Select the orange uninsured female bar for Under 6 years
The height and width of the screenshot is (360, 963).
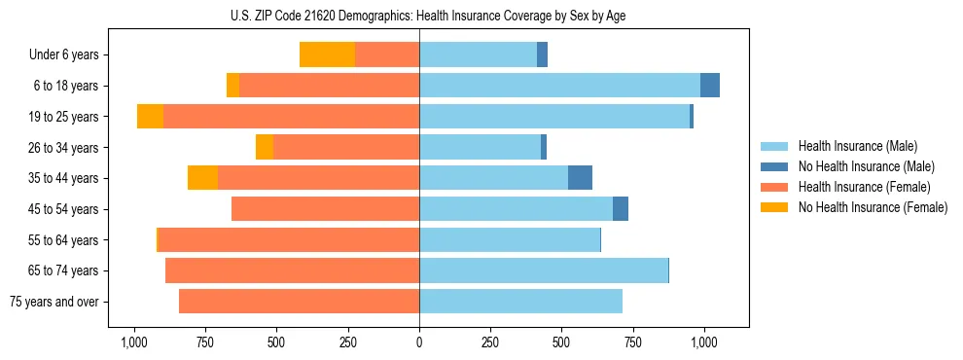[x=327, y=54]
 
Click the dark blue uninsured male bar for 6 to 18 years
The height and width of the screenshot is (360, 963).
[x=710, y=86]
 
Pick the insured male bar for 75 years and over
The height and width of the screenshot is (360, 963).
[x=520, y=302]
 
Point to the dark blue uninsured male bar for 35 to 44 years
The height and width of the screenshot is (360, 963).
[x=580, y=178]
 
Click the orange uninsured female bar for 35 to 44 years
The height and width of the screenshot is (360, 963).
[x=202, y=178]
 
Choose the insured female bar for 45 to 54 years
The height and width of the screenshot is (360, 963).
[x=325, y=209]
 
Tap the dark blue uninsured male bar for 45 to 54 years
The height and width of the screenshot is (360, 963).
[x=621, y=209]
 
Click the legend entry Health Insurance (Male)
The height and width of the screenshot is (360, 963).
[x=857, y=146]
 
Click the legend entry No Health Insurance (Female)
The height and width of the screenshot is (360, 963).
[x=873, y=207]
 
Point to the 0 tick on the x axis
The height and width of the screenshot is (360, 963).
[x=419, y=342]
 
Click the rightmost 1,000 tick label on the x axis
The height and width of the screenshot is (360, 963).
[x=704, y=342]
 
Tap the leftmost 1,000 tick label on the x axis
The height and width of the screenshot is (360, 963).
[x=134, y=342]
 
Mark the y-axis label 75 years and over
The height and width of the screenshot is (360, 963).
[x=54, y=302]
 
